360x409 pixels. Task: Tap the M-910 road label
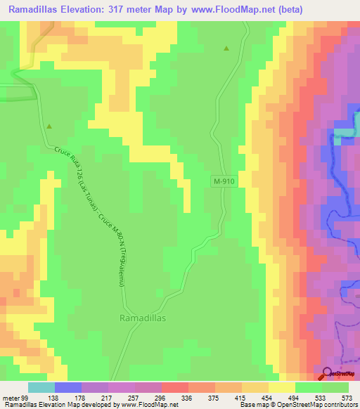point(223,181)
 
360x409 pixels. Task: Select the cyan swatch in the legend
point(41,388)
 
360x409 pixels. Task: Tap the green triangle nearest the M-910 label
point(226,48)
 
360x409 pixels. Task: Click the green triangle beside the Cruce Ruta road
point(49,126)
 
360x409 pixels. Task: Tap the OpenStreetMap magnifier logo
point(328,373)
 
